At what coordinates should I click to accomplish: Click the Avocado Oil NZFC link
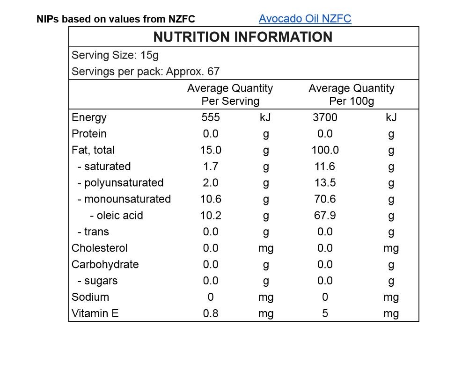(305, 19)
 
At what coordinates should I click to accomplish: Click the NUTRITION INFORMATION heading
(243, 37)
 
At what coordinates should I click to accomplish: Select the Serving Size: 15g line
(115, 56)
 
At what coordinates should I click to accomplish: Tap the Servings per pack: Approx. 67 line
(146, 72)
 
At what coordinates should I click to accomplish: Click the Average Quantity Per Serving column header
(230, 94)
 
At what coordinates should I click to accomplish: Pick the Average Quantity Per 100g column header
(351, 94)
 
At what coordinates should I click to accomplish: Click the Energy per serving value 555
(211, 117)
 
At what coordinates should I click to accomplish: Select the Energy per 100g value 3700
(325, 117)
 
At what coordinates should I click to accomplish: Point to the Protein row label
(89, 134)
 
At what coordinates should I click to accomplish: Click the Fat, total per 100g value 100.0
(325, 150)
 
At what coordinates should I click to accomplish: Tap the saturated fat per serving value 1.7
(211, 167)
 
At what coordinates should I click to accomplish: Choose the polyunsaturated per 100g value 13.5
(325, 183)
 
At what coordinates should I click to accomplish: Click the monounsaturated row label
(124, 199)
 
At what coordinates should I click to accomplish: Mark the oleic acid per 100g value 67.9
(325, 216)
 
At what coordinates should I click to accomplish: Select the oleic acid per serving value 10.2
(211, 216)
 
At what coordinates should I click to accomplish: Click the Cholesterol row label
(99, 248)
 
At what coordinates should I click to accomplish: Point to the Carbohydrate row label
(105, 265)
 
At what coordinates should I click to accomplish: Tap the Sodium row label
(90, 297)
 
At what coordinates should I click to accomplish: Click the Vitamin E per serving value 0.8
(211, 314)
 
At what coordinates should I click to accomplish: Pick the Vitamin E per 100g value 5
(325, 314)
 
